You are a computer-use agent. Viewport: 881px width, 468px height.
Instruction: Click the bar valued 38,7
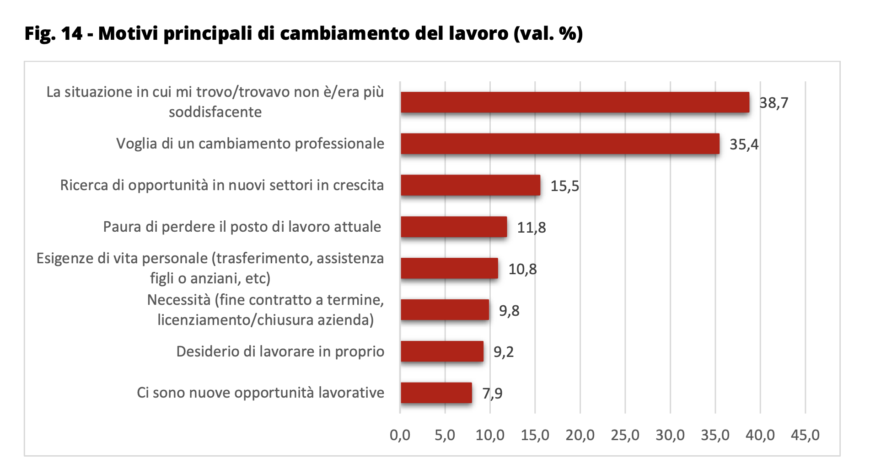[x=575, y=102]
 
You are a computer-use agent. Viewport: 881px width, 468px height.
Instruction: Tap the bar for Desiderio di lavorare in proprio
[x=442, y=351]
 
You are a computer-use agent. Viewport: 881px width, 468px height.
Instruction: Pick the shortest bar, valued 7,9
[x=436, y=393]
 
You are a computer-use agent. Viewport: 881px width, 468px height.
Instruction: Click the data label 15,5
[x=564, y=186]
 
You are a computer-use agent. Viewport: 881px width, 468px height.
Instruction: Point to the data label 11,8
[x=531, y=228]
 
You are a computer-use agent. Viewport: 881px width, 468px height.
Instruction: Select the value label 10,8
[x=522, y=269]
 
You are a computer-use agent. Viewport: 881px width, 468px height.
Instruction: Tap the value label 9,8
[x=509, y=311]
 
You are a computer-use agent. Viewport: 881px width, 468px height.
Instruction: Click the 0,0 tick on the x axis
[x=400, y=435]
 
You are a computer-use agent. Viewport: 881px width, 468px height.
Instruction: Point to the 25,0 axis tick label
[x=625, y=435]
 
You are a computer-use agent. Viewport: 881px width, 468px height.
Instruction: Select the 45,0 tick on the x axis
[x=805, y=435]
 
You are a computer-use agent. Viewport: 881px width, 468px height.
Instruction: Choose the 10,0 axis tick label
[x=490, y=435]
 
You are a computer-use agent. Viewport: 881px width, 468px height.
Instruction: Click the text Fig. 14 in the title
[x=54, y=34]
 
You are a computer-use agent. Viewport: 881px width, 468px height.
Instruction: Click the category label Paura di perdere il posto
[x=242, y=227]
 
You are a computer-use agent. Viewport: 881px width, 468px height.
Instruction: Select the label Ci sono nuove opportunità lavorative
[x=260, y=393]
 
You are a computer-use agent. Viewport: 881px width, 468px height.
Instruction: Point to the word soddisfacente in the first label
[x=215, y=112]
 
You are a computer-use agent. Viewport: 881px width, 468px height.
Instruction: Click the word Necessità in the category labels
[x=179, y=300]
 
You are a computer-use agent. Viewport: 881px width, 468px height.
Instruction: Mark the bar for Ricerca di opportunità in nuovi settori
[x=470, y=186]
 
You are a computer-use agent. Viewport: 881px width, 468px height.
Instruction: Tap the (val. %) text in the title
[x=548, y=34]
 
